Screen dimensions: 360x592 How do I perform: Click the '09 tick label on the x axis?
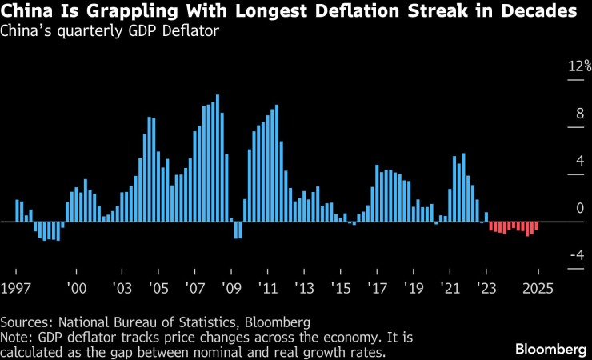point(232,286)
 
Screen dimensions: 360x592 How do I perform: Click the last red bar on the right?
point(536,226)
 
